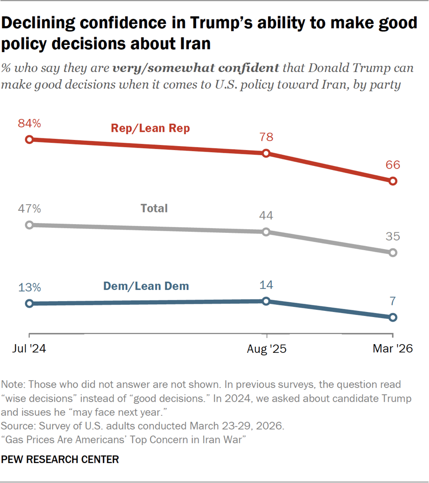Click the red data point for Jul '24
30,139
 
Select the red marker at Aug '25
266,153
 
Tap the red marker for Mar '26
393,181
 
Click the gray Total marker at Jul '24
30,225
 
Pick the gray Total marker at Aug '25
266,232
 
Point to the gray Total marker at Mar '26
393,252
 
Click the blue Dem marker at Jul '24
30,303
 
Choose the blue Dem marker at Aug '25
266,301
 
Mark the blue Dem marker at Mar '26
393,317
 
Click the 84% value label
30,124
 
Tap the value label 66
393,165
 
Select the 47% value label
30,209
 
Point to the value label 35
393,236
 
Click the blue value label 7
393,301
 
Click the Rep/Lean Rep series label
150,128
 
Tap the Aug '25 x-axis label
266,349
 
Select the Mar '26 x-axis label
392,349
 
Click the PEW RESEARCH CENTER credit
60,460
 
